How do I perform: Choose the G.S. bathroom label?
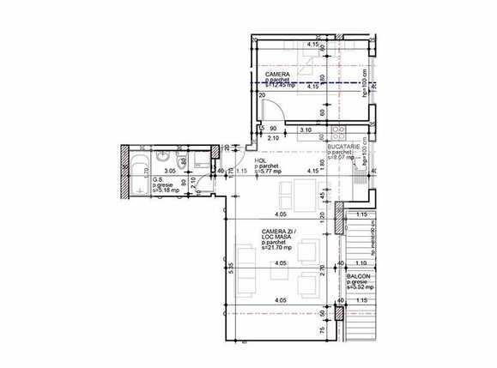(x=158, y=179)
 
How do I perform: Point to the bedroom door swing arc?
(x=273, y=112)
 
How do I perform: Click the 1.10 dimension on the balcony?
(x=361, y=262)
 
